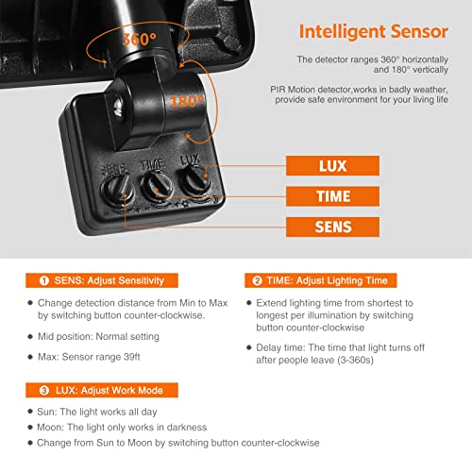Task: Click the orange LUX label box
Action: (332, 165)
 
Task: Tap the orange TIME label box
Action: (332, 196)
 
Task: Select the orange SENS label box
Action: (332, 227)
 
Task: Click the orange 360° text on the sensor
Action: (139, 40)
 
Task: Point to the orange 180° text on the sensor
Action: (187, 101)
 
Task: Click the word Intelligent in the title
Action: (342, 32)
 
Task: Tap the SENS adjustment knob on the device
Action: (118, 191)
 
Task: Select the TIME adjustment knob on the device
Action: (157, 186)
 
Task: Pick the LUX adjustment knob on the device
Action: (194, 180)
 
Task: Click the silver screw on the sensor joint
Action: (118, 106)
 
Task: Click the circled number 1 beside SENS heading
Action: (44, 280)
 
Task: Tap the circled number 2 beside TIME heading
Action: (257, 280)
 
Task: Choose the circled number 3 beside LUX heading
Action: (44, 391)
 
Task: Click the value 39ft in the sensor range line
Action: (132, 357)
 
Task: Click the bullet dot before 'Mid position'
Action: (30, 337)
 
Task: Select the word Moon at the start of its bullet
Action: (49, 428)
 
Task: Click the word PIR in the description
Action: (277, 90)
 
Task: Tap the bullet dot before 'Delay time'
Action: (249, 347)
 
